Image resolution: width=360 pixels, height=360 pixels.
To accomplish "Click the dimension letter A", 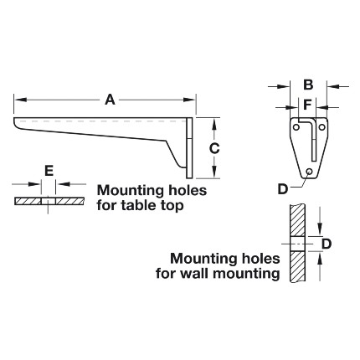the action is (x=110, y=100).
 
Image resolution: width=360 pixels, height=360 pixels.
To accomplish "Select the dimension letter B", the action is (x=308, y=85).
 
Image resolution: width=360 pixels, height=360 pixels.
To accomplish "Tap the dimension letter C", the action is (x=214, y=148).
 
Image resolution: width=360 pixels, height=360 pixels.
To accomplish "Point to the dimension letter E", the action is (x=49, y=171).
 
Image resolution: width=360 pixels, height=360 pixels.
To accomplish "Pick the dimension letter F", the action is (x=307, y=105).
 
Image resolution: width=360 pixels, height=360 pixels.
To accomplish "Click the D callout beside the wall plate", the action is (x=283, y=189).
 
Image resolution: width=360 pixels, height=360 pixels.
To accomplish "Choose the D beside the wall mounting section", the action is (x=327, y=244).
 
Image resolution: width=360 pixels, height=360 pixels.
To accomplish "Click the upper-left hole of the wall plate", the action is (x=296, y=127).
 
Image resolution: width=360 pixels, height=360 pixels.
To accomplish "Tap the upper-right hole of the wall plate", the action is (x=321, y=127).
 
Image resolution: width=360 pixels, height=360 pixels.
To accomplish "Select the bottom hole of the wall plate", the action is (x=309, y=171).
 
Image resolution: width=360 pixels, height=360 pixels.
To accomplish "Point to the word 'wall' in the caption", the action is (x=195, y=273).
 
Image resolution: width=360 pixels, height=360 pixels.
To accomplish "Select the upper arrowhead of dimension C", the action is (x=214, y=124).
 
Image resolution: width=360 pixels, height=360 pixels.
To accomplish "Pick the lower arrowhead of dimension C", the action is (x=214, y=172).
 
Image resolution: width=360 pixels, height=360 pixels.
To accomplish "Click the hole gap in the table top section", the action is (x=49, y=201).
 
